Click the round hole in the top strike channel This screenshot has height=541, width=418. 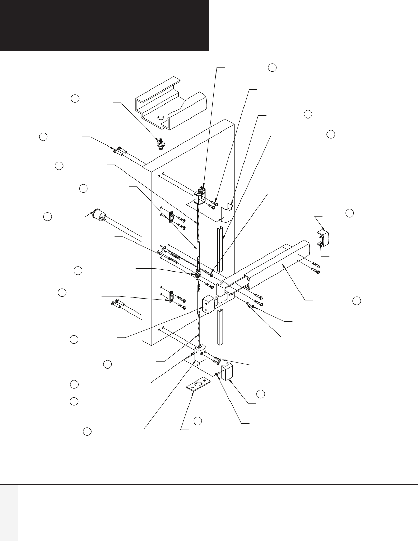pos(159,117)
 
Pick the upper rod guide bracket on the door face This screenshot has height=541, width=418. pos(172,218)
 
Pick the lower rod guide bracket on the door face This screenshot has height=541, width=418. pos(172,296)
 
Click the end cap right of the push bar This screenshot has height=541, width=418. pos(324,238)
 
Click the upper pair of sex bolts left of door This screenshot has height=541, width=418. pos(118,150)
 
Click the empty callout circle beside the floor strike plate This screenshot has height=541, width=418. pos(198,421)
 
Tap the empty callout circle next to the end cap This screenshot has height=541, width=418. pos(349,213)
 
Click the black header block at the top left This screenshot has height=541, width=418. pos(104,25)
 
